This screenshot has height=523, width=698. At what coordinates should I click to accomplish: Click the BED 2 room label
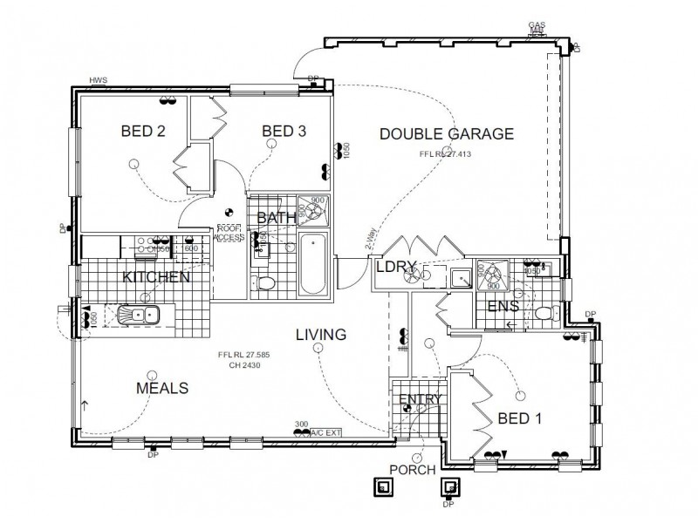click(x=143, y=132)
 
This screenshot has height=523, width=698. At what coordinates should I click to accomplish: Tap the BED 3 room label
click(x=284, y=132)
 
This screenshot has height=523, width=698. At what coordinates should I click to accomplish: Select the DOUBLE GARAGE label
click(x=446, y=133)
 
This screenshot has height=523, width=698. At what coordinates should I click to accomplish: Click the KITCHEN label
click(x=156, y=277)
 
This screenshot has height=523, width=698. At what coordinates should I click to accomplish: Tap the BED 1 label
click(x=520, y=419)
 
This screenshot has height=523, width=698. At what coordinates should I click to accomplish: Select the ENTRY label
click(x=421, y=400)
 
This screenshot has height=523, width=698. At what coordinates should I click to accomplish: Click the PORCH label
click(x=414, y=470)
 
